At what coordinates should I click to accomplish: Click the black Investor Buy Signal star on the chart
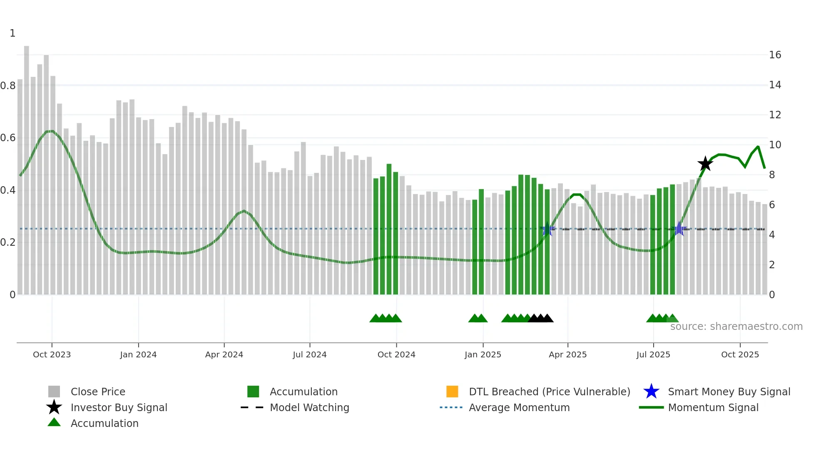click(x=705, y=164)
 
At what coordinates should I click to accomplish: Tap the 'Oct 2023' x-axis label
click(x=52, y=354)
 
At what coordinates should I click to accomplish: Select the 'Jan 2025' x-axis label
click(x=483, y=354)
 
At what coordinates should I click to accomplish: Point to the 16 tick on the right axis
click(x=775, y=55)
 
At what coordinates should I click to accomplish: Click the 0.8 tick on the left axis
click(x=8, y=86)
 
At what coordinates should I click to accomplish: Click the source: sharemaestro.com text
click(x=736, y=327)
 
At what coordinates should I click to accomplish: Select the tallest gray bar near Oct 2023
click(x=27, y=167)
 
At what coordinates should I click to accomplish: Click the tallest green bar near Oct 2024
click(x=389, y=229)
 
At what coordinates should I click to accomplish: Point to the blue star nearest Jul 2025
click(x=679, y=229)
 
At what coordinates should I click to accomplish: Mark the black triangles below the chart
click(x=540, y=318)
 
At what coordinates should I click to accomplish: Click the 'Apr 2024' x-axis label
click(x=224, y=354)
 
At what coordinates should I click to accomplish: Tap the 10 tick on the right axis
click(x=775, y=145)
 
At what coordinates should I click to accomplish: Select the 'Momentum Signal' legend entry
click(x=713, y=407)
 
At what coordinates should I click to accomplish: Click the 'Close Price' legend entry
click(x=97, y=392)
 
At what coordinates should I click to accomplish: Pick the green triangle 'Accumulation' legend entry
click(x=104, y=423)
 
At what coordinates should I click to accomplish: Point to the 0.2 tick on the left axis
click(x=8, y=242)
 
